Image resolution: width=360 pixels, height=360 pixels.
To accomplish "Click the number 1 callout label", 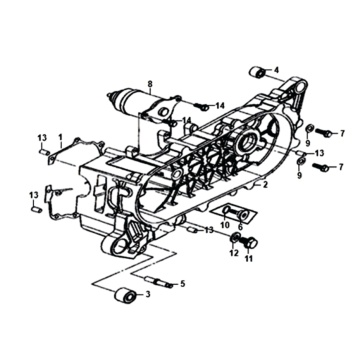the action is click(x=60, y=137).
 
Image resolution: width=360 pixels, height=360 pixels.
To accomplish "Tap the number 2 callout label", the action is click(x=265, y=185).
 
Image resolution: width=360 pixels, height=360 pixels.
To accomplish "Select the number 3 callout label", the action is click(x=148, y=294).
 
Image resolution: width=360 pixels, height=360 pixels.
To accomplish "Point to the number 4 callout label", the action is click(x=276, y=70).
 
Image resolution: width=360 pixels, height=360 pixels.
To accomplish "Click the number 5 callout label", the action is click(x=182, y=284).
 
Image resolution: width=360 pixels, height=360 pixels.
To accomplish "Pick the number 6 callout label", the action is click(x=240, y=226).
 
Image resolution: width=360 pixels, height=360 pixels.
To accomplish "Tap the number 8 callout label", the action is click(x=149, y=83).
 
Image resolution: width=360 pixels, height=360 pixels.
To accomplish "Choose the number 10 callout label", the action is click(x=225, y=226).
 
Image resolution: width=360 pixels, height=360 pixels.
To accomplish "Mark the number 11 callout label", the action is click(x=248, y=258).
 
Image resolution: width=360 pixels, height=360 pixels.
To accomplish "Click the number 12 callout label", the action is click(x=234, y=254).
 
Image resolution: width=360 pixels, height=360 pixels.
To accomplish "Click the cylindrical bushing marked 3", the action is click(x=125, y=296).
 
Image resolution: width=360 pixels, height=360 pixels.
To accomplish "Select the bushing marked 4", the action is click(x=258, y=72).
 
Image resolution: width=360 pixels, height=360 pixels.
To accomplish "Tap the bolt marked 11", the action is click(x=249, y=242).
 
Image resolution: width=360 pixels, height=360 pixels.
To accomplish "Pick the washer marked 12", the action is click(x=235, y=238).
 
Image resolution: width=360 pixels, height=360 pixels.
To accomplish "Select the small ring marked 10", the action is click(x=225, y=210).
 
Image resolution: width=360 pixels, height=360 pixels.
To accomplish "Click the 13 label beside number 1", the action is click(x=42, y=138).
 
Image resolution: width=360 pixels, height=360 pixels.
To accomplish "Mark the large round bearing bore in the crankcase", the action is click(x=247, y=141).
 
